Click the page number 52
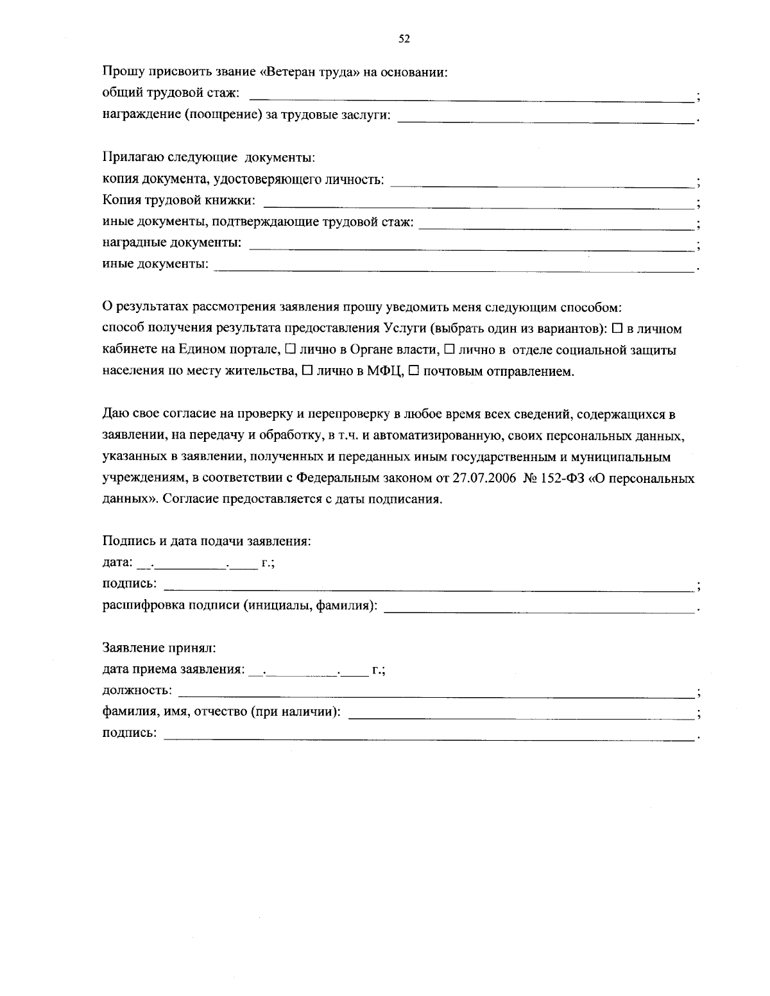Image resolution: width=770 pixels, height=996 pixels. click(x=404, y=39)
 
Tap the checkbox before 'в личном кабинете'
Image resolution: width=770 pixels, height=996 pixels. click(x=617, y=329)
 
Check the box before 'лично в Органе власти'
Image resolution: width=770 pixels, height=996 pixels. click(x=290, y=350)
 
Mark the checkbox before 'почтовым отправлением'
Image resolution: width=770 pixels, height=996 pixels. click(x=413, y=371)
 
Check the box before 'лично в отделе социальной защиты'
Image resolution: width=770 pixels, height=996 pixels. click(x=449, y=350)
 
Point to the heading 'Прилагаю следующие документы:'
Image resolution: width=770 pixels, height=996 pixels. click(x=209, y=157)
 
